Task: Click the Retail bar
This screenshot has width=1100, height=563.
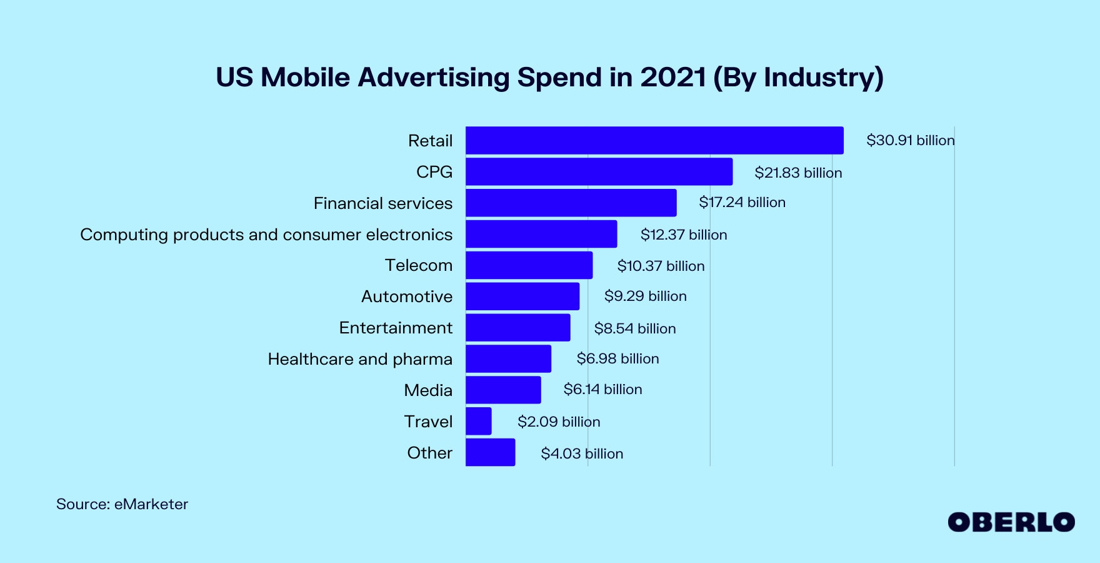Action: pos(654,140)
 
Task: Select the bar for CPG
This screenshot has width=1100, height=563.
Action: pos(599,171)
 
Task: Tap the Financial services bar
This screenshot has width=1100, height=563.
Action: pos(571,203)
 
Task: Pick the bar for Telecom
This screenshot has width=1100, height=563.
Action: pos(529,265)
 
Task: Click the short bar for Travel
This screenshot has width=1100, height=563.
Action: pos(479,421)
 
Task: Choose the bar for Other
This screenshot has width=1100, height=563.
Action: pos(491,452)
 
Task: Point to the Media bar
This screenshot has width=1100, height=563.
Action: pos(503,390)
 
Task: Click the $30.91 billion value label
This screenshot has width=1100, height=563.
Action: pos(910,140)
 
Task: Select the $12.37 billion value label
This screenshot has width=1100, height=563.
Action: pos(684,235)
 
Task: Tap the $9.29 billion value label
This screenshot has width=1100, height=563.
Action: pos(645,296)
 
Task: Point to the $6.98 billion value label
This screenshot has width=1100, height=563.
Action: pos(617,358)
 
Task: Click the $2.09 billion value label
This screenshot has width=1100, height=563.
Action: pos(559,422)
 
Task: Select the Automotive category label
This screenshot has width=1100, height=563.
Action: pos(407,297)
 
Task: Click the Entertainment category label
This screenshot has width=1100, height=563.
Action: pos(396,328)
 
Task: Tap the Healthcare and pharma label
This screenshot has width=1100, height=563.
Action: pos(360,359)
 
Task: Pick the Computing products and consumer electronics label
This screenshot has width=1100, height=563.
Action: pos(266,235)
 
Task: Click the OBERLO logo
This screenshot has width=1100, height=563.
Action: pos(1011,522)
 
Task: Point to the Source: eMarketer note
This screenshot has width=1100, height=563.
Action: pos(122,504)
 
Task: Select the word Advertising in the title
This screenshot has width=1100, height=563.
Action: pos(434,78)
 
